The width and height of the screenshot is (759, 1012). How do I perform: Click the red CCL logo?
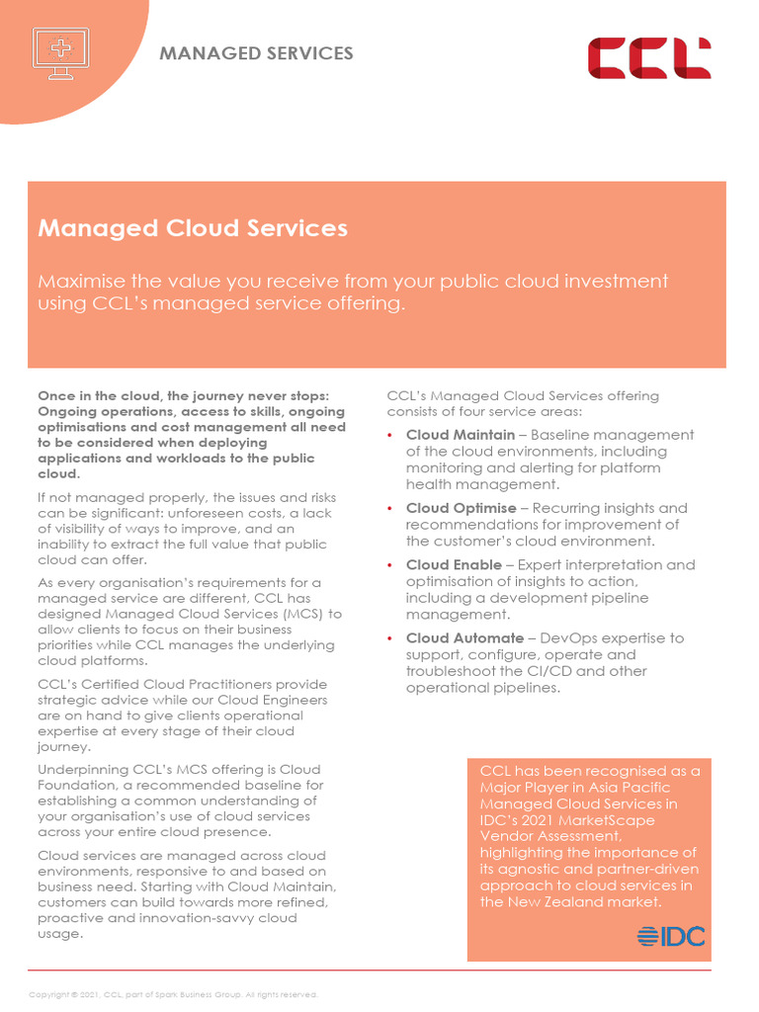pos(649,58)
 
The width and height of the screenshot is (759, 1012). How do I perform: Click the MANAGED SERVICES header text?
pos(256,53)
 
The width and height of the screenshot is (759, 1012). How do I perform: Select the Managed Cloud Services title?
pos(193,228)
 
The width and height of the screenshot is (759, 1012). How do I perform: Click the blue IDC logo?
pos(671,936)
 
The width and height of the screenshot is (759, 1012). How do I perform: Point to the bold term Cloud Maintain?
pos(460,435)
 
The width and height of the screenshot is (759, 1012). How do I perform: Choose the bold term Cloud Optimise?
pos(461,508)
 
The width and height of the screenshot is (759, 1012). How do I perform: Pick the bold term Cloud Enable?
pos(454,565)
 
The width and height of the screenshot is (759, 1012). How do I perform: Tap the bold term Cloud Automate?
pos(464,638)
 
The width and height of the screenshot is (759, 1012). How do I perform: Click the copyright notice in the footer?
pos(173,994)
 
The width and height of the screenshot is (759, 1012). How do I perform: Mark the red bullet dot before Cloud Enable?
pos(390,566)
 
